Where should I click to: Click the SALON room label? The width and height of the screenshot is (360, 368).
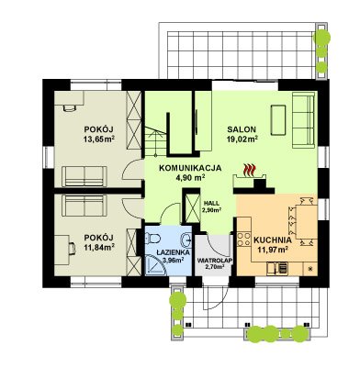point(242,129)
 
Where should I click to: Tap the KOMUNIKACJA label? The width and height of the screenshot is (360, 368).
point(190,168)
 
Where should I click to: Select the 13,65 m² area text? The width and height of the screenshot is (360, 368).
point(99,139)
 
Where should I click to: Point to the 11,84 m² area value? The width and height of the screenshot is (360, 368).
point(99,247)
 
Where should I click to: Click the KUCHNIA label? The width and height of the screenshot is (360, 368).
point(273,240)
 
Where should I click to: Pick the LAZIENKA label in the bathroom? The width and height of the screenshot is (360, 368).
point(174,252)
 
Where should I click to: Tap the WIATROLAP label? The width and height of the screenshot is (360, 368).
point(215,261)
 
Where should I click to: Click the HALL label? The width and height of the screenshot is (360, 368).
point(211,203)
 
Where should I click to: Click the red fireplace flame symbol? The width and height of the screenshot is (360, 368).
point(250,170)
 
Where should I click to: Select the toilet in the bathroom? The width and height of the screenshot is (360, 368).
point(153,238)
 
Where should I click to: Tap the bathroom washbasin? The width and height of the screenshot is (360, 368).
point(186,240)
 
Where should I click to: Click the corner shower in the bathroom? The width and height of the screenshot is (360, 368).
point(155,265)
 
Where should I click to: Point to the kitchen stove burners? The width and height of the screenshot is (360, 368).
point(244,240)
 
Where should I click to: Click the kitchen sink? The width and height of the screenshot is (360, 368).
point(277,268)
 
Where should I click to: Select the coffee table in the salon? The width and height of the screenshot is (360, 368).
point(278,119)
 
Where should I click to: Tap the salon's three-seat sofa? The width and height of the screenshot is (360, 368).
point(303,119)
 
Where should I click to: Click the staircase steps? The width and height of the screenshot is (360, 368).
point(155,141)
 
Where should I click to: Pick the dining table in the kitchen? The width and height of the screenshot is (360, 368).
point(307,222)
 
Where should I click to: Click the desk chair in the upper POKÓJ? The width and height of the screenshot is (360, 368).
point(70,108)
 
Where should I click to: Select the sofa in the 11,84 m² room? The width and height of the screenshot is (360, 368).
point(84,206)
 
